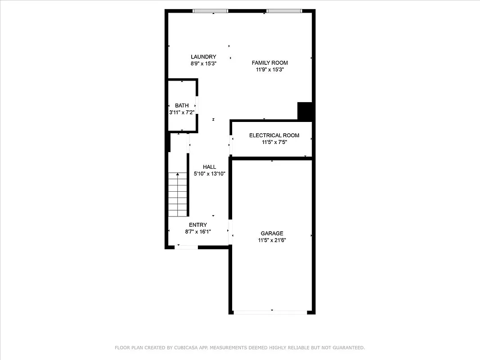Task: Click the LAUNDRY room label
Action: coord(203,57)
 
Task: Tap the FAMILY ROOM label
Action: coord(269,63)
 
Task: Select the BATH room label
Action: coord(182,106)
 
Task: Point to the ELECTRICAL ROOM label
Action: coord(274,135)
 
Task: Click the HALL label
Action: coord(209,167)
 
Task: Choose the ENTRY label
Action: coord(198,225)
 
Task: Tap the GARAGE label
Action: coord(272,234)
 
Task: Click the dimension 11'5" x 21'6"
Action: coord(272,240)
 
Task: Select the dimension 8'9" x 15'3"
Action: coord(203,64)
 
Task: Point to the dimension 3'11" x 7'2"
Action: coord(182,112)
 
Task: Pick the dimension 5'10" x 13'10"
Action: coord(209,174)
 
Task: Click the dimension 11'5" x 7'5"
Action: coord(274,142)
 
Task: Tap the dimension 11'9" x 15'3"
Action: coord(269,70)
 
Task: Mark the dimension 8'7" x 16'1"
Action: coord(198,232)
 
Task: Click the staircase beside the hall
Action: coord(178,194)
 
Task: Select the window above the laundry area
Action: coord(210,11)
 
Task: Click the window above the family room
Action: coord(284,11)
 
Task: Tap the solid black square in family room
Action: coord(305,111)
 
